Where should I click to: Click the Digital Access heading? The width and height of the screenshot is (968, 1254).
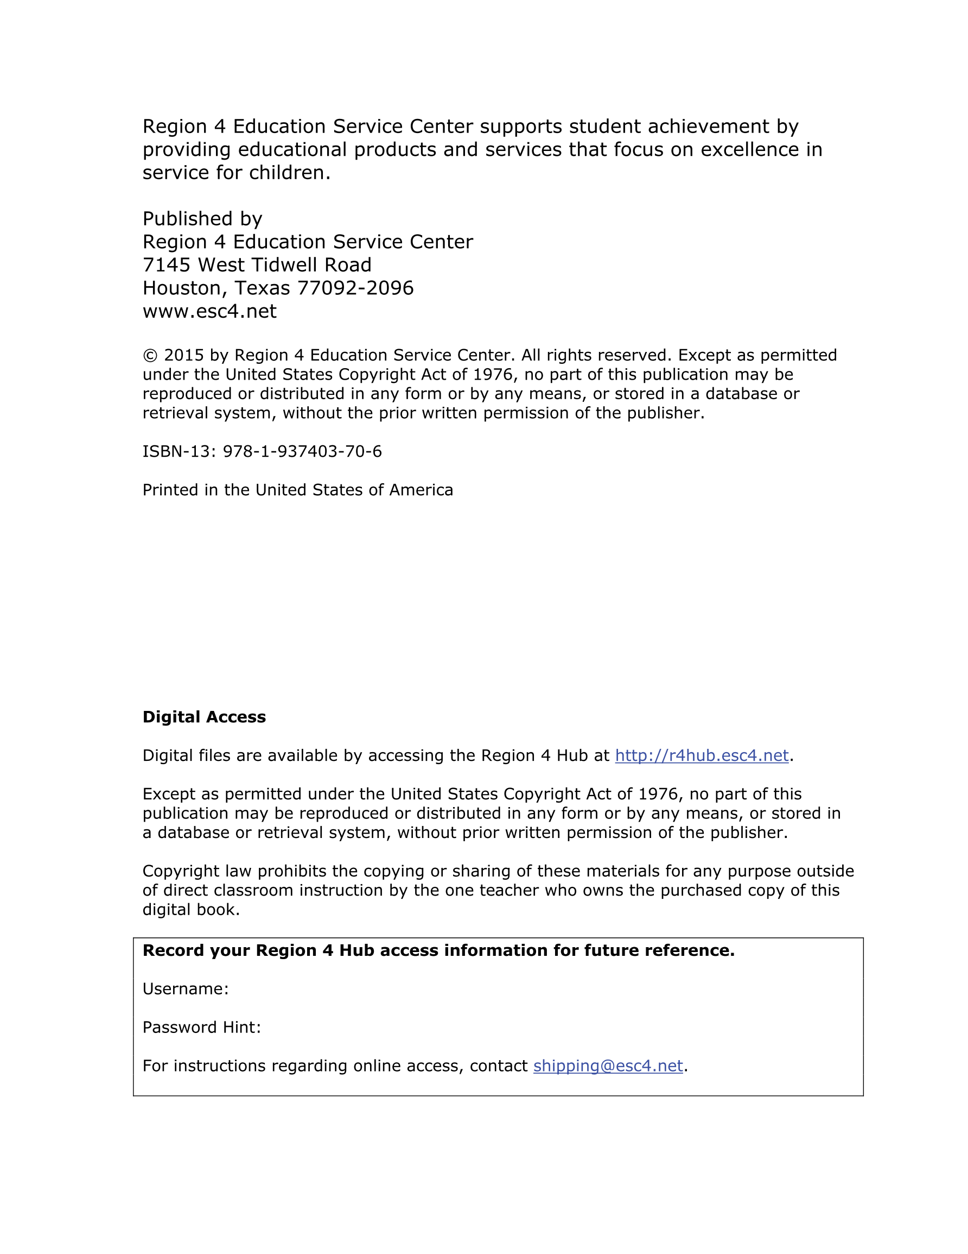(203, 717)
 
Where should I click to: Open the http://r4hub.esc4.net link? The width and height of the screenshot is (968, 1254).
(701, 755)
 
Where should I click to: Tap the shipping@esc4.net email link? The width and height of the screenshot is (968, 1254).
(608, 1066)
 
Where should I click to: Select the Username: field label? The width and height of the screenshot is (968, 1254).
(186, 990)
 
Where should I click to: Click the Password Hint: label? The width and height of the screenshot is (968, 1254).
(201, 1028)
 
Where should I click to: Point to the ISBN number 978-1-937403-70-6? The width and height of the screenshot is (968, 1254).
(302, 452)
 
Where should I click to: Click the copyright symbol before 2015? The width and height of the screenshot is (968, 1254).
(150, 356)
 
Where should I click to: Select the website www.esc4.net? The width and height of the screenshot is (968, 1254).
(209, 311)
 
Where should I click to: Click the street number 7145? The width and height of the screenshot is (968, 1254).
(167, 265)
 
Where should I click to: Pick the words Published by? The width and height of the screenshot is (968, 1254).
(202, 219)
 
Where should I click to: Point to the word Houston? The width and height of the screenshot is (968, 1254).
(181, 288)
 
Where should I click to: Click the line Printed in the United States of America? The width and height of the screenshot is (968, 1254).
(297, 490)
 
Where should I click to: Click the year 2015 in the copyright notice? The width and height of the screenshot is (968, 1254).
(183, 355)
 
